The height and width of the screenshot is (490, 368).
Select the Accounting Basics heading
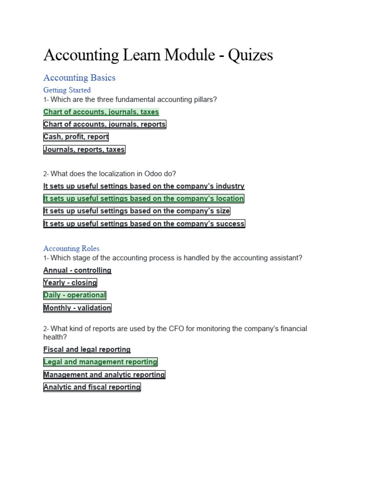(79, 78)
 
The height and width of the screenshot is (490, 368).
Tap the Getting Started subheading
(67, 90)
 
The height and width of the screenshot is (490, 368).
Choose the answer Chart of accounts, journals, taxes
(101, 112)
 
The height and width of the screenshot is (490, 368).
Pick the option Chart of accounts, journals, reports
(104, 124)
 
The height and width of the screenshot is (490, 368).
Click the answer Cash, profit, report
(76, 137)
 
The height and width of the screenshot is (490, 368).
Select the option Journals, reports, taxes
(84, 149)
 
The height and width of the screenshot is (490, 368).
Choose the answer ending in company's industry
(144, 186)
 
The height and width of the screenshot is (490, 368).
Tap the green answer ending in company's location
(144, 199)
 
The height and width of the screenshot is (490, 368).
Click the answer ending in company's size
(137, 211)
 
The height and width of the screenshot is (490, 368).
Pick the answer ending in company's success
(144, 223)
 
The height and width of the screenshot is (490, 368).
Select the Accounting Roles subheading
(71, 248)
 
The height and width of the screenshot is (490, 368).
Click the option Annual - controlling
(77, 270)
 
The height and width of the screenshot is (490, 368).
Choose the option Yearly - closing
(70, 283)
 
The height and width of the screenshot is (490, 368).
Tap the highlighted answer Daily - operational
(75, 295)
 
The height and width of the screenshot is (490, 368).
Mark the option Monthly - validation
(77, 308)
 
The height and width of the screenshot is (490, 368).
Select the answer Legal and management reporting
(100, 362)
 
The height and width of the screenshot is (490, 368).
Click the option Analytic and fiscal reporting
(92, 387)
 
